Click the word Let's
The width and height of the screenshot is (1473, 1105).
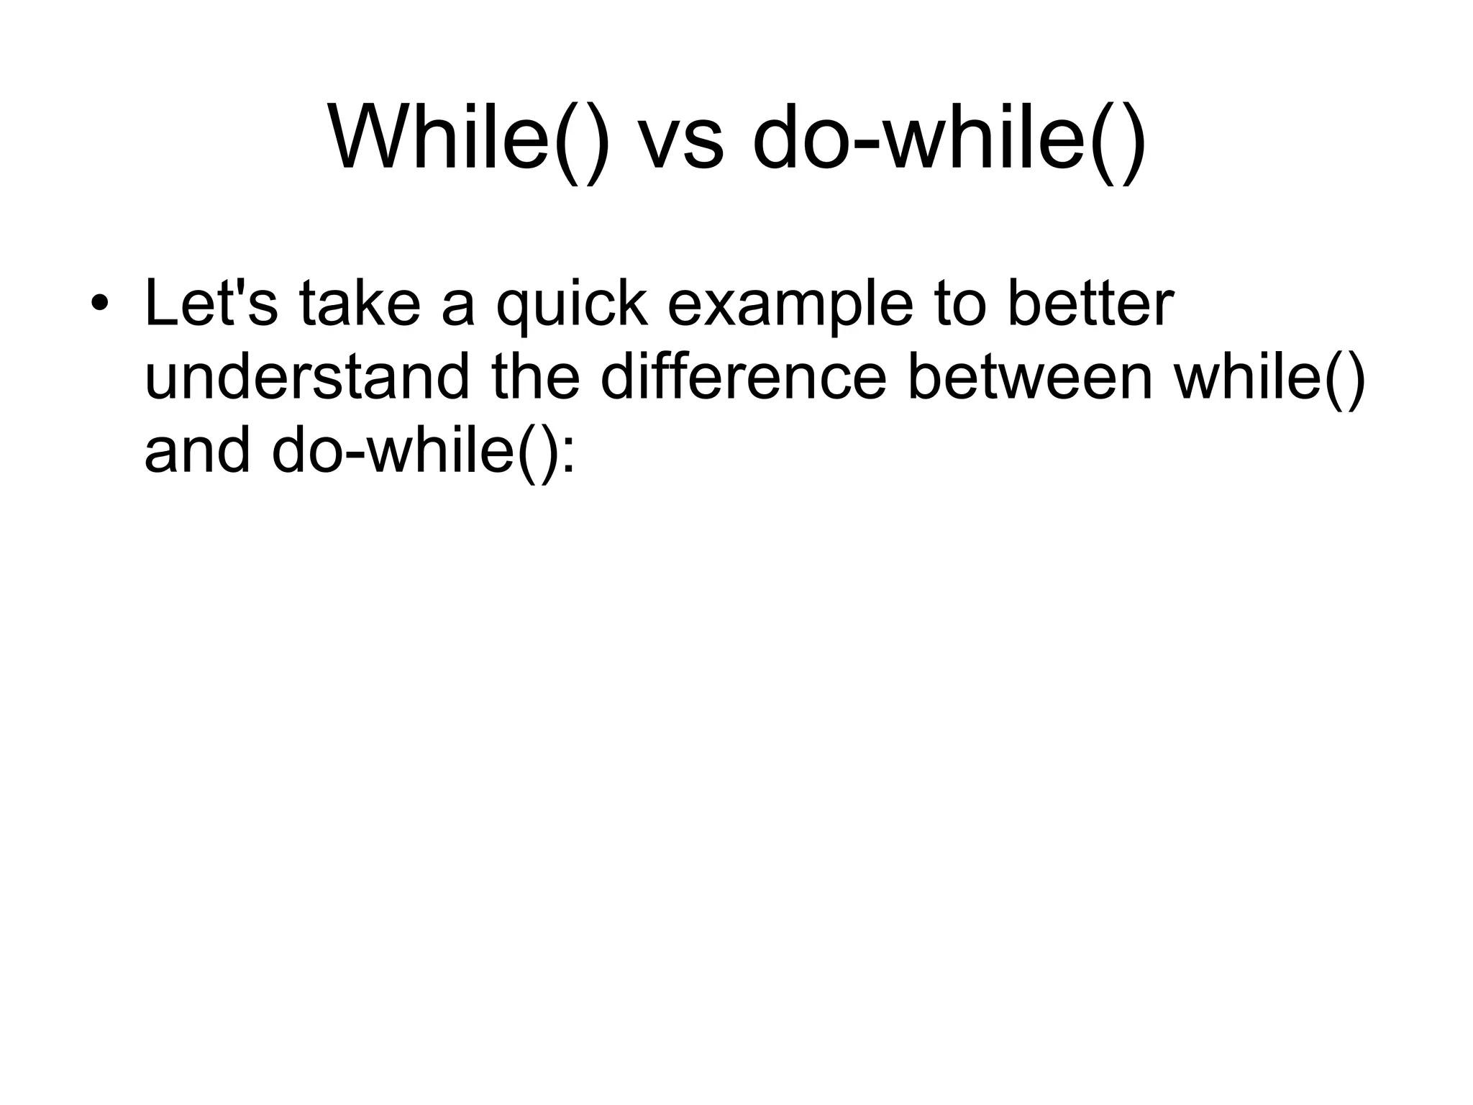(x=211, y=303)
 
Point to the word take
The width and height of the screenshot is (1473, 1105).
(x=360, y=303)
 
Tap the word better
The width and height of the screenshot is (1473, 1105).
(x=1090, y=303)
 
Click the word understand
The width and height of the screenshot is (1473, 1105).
(x=306, y=378)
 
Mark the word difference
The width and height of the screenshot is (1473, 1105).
(x=744, y=378)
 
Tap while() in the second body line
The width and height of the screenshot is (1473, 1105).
(x=1269, y=378)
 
